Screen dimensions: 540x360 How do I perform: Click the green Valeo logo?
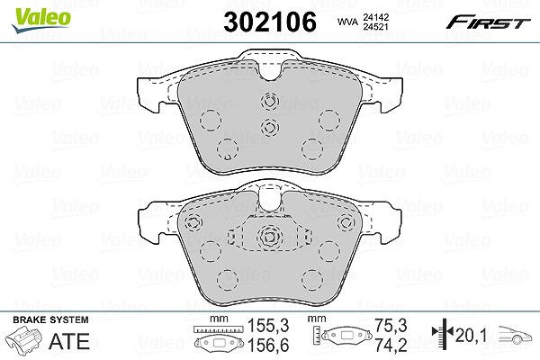(x=40, y=20)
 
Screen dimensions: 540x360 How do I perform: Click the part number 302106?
(x=270, y=22)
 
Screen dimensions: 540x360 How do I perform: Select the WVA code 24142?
(x=374, y=17)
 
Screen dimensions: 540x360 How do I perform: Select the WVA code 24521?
(x=374, y=27)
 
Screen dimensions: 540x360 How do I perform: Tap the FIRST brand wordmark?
(x=488, y=22)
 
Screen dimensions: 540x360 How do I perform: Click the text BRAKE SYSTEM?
(x=50, y=319)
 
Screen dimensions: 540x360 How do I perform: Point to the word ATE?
(x=69, y=341)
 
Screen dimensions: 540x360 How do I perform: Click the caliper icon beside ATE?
(x=24, y=340)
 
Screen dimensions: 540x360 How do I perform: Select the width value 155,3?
(x=268, y=326)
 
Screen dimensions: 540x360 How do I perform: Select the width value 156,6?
(x=268, y=345)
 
